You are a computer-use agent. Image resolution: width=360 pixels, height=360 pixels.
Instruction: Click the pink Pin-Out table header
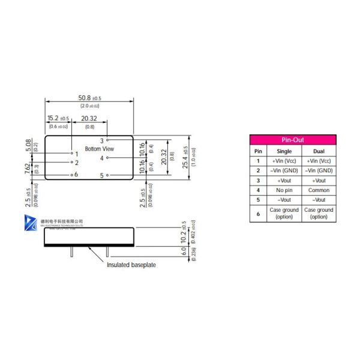pos(293,139)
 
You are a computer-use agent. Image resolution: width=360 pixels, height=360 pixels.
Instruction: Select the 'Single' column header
pos(284,151)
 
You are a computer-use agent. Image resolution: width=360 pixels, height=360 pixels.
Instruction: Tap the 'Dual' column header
pos(319,151)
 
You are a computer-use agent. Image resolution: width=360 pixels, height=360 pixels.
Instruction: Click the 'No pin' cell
pos(284,190)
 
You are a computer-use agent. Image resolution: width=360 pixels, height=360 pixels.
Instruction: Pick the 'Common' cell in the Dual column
pos(319,190)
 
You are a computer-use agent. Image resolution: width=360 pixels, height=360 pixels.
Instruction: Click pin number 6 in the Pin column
pos(258,213)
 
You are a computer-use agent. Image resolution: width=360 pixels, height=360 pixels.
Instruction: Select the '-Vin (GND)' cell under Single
pos(284,170)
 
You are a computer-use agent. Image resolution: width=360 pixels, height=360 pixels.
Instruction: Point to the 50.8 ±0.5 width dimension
pos(89,98)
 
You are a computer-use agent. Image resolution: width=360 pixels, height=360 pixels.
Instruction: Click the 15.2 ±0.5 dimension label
pos(58,118)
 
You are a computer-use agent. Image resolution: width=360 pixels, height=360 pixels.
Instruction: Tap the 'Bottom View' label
pos(99,148)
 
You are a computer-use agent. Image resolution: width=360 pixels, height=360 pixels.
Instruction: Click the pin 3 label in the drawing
pos(101,140)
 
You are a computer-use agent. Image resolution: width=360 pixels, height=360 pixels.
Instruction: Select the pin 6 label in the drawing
pos(76,174)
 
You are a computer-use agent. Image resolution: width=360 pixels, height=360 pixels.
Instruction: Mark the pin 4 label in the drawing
pos(101,158)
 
